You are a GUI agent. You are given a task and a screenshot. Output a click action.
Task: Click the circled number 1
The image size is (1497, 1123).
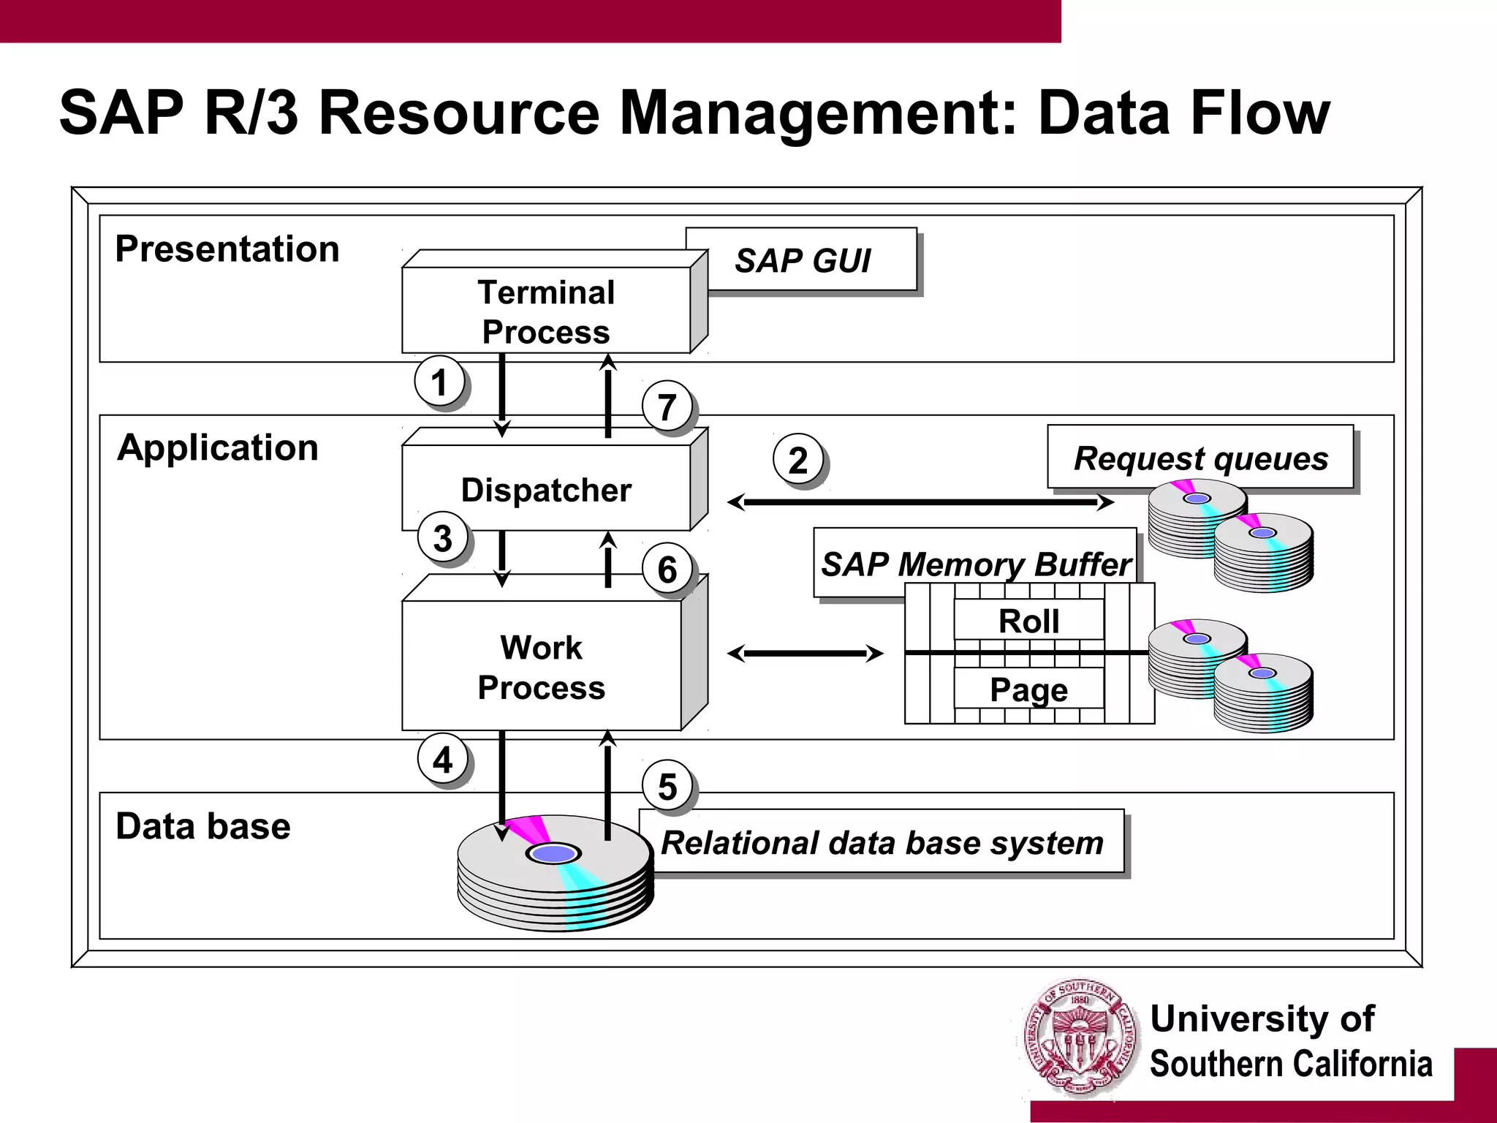[x=439, y=382]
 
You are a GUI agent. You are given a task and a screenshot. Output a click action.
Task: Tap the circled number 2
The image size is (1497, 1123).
[x=798, y=460]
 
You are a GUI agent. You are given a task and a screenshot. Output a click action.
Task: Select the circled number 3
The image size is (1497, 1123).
[x=443, y=537]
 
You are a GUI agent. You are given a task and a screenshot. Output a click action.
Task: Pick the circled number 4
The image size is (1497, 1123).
[x=443, y=760]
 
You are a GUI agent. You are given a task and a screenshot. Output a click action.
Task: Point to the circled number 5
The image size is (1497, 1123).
[x=667, y=787]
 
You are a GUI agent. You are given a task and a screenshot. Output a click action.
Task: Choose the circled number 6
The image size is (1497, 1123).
[x=667, y=569]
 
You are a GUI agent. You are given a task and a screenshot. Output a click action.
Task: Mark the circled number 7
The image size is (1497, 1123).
[x=667, y=407]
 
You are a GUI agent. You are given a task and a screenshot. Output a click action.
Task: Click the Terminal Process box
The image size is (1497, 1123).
[x=546, y=311]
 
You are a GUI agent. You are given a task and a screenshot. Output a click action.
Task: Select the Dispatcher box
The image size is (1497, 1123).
[x=546, y=488]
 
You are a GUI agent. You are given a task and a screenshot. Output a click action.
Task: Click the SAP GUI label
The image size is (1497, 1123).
[x=802, y=260]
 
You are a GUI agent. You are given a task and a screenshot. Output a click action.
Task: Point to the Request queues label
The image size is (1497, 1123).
[x=1200, y=458]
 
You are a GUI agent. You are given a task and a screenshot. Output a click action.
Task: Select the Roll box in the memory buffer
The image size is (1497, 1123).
[x=1028, y=620]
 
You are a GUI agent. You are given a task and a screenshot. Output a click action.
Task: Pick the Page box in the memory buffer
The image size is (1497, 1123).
[x=1028, y=689]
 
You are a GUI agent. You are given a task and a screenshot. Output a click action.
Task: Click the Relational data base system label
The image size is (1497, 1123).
[x=882, y=842]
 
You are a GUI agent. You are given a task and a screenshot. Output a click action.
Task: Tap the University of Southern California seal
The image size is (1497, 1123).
[x=1081, y=1038]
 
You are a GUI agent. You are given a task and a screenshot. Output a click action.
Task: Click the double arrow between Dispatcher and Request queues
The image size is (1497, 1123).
[x=921, y=502]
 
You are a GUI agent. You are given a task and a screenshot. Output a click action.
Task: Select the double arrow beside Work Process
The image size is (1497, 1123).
[x=806, y=653]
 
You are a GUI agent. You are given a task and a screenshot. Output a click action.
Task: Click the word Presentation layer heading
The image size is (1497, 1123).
[x=227, y=249]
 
